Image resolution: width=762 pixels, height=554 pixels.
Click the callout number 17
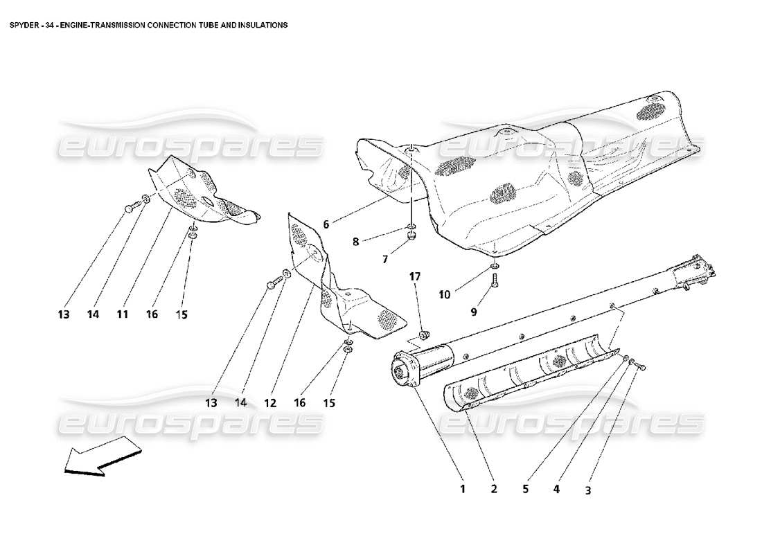pyautogui.click(x=414, y=276)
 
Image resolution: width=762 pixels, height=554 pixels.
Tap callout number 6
pyautogui.click(x=326, y=224)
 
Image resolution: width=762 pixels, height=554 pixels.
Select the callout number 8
pyautogui.click(x=356, y=242)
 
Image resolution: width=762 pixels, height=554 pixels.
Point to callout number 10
pyautogui.click(x=444, y=294)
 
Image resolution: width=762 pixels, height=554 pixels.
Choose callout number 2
pyautogui.click(x=494, y=490)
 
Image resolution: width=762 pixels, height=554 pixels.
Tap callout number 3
pyautogui.click(x=587, y=491)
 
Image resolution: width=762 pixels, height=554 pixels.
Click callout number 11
pyautogui.click(x=122, y=314)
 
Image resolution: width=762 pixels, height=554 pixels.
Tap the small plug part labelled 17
pyautogui.click(x=426, y=334)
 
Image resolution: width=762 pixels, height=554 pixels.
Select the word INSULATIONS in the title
pyautogui.click(x=263, y=24)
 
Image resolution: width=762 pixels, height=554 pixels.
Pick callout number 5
pyautogui.click(x=525, y=490)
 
